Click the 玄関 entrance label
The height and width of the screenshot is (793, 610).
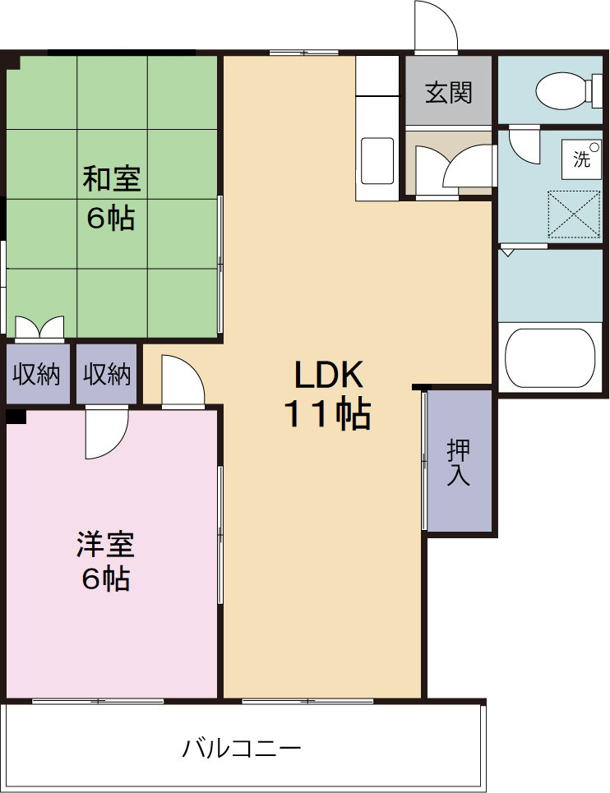449,93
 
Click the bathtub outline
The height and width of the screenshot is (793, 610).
550,358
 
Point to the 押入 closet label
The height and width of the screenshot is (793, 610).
459,463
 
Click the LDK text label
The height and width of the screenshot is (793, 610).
329,375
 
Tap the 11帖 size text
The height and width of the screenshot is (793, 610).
328,414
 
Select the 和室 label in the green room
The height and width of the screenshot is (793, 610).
111,178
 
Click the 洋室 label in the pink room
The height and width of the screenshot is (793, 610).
106,544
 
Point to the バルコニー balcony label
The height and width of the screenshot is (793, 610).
241,748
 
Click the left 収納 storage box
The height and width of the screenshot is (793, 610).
38,374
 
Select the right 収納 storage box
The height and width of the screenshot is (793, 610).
107,374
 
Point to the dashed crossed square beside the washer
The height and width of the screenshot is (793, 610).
574,214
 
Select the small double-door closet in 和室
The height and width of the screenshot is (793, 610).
40,327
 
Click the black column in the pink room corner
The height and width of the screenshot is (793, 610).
16,416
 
